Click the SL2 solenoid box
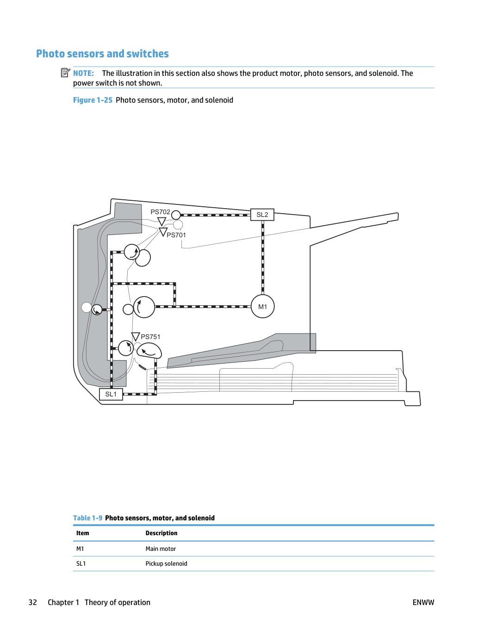click(x=262, y=215)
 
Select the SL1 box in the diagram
click(x=111, y=394)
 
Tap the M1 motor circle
click(x=263, y=306)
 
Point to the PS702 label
click(x=160, y=212)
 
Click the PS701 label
click(x=176, y=235)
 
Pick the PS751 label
click(x=150, y=337)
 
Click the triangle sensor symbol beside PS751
click(x=136, y=336)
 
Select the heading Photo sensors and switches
click(x=102, y=54)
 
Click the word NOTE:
click(x=83, y=73)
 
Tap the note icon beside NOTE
click(x=66, y=73)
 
